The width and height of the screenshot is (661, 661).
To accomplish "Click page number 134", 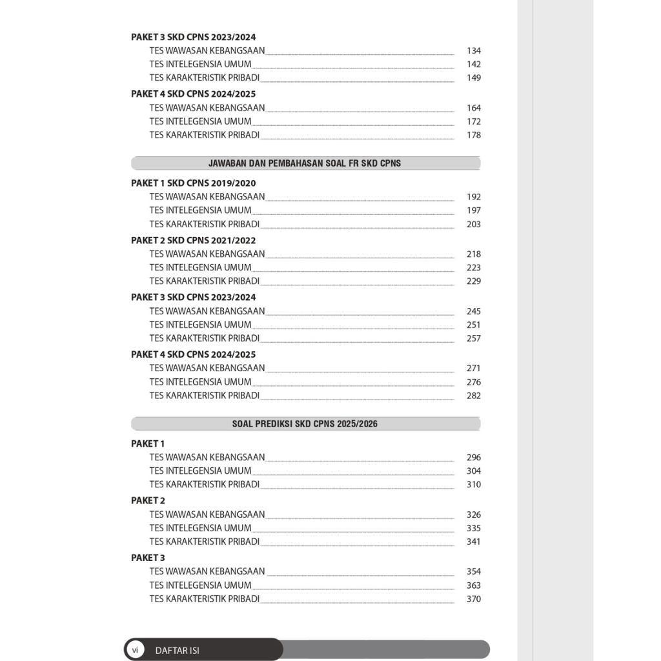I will [474, 50].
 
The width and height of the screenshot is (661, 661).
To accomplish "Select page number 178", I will [474, 135].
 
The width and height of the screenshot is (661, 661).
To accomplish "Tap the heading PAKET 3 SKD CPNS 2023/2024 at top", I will [193, 37].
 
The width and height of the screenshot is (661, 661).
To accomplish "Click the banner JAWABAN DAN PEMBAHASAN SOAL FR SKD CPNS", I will [305, 163].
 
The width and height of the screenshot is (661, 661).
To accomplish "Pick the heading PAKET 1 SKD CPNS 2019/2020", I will [193, 183].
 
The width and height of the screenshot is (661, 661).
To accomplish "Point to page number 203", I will [474, 225].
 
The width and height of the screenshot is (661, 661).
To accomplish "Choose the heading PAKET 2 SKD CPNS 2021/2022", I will [193, 240].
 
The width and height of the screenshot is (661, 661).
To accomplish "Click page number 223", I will [474, 268].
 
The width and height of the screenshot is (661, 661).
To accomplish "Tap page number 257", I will [474, 338].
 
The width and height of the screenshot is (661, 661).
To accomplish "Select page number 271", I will [474, 369].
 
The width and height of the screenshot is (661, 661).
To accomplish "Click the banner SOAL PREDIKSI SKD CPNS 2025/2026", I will [305, 424].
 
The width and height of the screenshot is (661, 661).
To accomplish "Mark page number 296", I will [474, 458].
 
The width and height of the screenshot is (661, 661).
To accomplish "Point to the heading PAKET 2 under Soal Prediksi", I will [148, 500].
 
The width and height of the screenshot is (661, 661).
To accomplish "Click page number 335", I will [474, 529].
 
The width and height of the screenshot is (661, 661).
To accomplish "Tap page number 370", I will [474, 599].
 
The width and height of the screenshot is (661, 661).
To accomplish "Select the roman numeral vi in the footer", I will [135, 650].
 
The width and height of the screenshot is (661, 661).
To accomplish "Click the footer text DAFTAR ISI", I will [178, 651].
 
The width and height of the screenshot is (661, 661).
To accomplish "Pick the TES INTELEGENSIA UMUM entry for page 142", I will [200, 65].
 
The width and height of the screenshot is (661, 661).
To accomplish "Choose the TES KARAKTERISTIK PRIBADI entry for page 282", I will [204, 396].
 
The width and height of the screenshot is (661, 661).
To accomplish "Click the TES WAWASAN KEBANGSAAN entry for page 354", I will [207, 571].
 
